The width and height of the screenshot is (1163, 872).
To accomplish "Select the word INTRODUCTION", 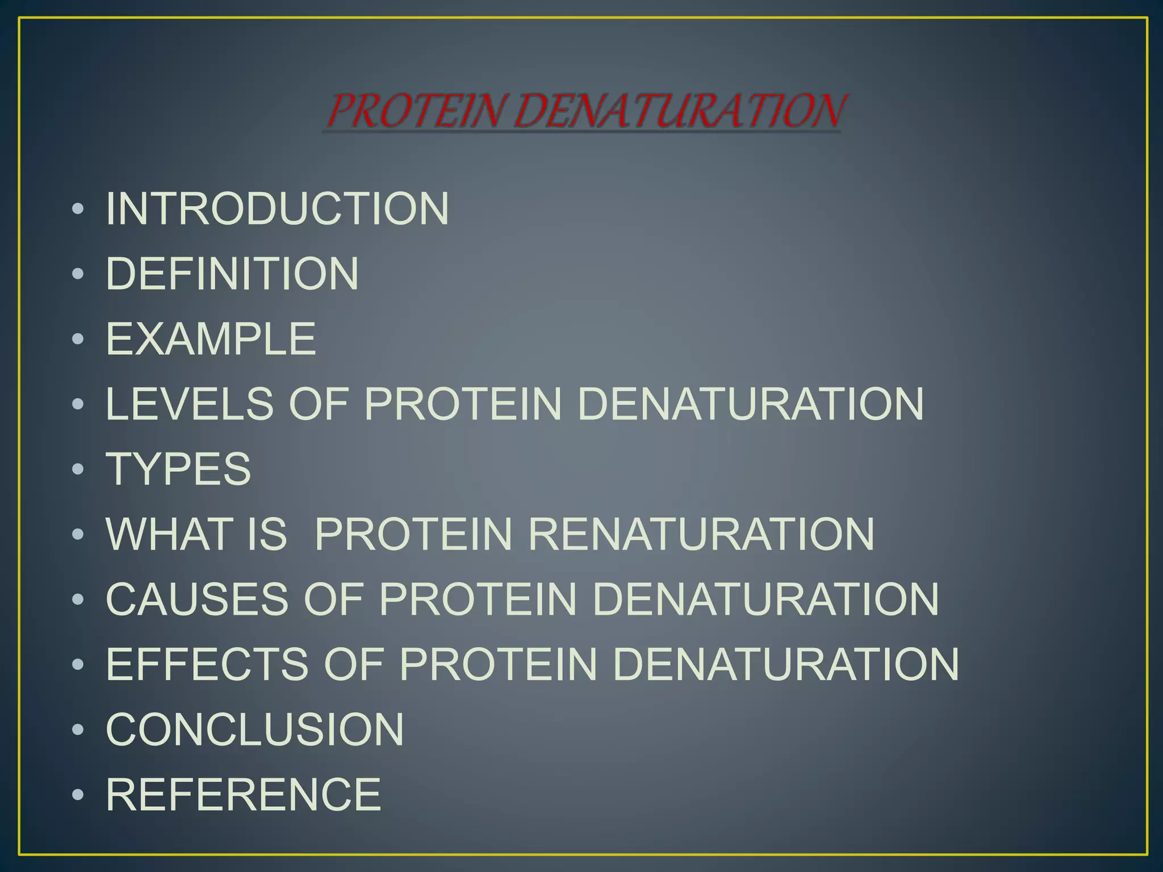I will tap(278, 208).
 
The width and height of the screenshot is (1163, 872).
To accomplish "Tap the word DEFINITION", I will tap(232, 274).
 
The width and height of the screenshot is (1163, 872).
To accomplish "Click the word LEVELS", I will tap(190, 404).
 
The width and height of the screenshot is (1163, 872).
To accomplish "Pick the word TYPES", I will tap(178, 469).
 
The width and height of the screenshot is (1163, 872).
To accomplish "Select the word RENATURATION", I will tap(702, 534).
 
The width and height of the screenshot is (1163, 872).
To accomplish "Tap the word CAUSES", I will tap(197, 599).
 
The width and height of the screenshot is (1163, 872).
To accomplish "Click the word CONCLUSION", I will tap(255, 730).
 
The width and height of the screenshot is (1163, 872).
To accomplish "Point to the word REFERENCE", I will tap(244, 795).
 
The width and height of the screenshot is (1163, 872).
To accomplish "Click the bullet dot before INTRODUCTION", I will tap(78, 209).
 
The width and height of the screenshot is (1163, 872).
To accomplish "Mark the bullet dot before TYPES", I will tap(78, 469).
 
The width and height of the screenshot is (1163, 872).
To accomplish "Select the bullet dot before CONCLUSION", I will tap(78, 730).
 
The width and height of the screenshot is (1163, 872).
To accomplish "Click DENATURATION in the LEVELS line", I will tap(751, 404).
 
